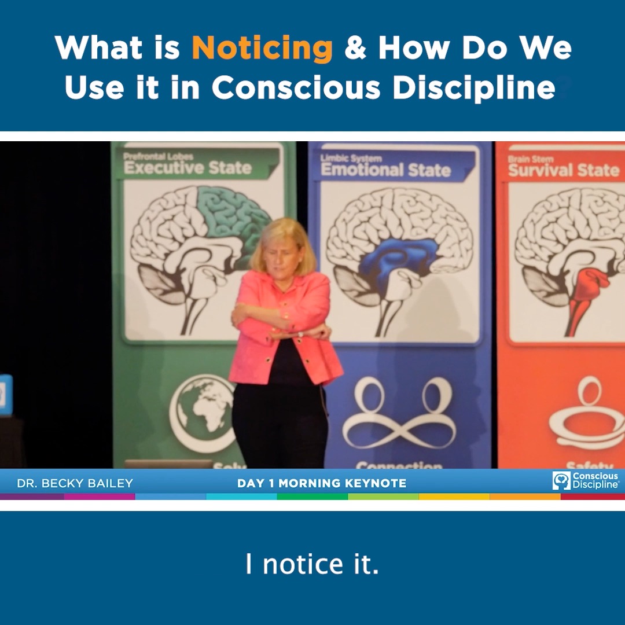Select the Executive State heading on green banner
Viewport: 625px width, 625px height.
coord(187,168)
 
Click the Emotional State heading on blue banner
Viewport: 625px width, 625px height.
coord(385,170)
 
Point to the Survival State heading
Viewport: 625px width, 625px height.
coord(563,170)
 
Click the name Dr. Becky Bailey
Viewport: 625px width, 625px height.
coord(75,483)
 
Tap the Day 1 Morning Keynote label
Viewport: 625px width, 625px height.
coord(322,483)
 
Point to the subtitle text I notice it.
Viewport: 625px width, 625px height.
coord(312,565)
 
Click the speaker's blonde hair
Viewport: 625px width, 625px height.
coord(284,237)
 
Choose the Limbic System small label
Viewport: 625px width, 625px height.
coord(351,158)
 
